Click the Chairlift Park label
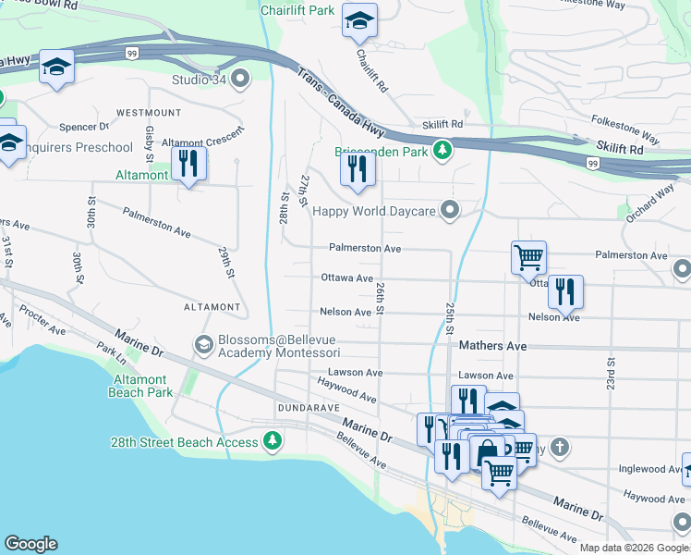(x=297, y=11)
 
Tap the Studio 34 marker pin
(x=241, y=79)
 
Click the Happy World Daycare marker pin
(x=450, y=211)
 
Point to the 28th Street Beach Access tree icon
(x=273, y=441)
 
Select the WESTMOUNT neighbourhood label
(x=149, y=113)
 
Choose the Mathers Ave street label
(x=492, y=346)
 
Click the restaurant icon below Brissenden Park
(x=357, y=169)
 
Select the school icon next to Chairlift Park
(x=358, y=20)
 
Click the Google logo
(x=30, y=544)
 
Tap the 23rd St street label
(x=611, y=370)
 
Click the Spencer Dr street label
(x=84, y=127)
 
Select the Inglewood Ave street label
(x=647, y=469)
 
